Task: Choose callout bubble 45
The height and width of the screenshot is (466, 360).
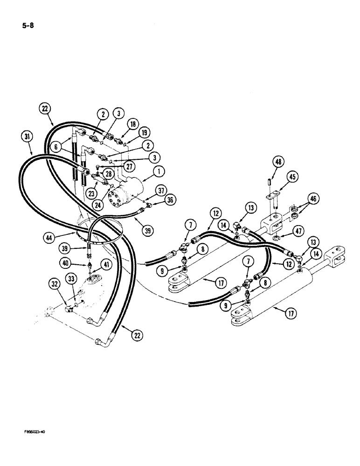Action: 292,177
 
